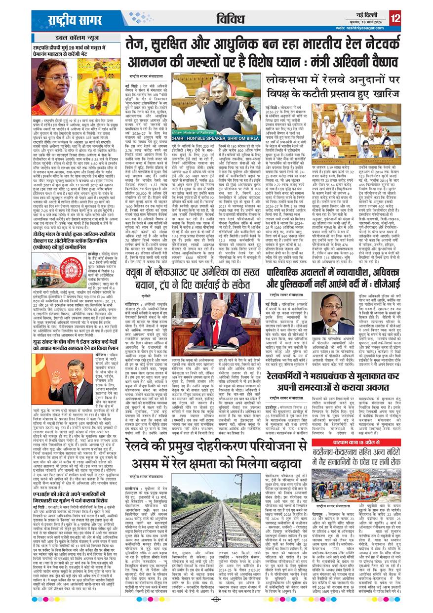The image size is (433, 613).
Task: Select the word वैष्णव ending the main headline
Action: tap(381, 62)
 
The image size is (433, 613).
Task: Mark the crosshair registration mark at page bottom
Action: tap(216, 599)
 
